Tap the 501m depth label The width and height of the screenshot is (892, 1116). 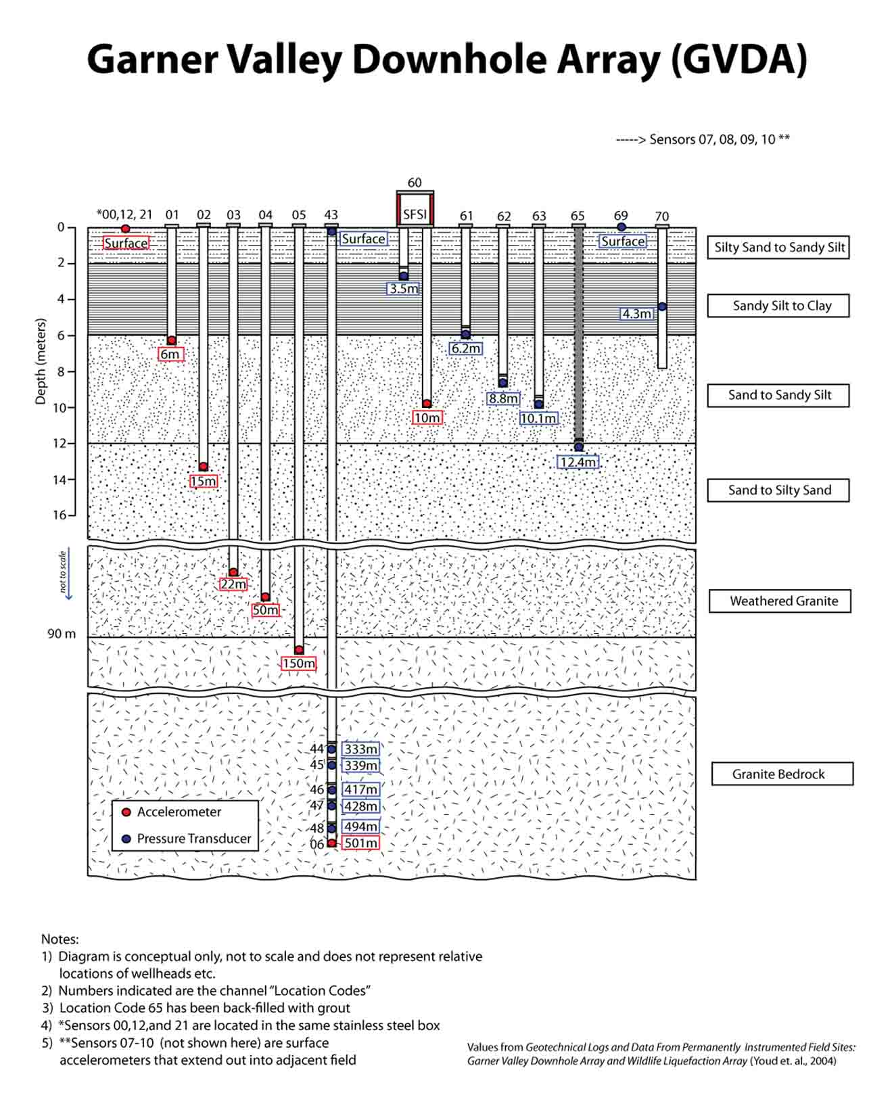(360, 843)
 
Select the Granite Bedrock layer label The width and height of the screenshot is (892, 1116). (782, 774)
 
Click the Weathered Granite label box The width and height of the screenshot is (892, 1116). (779, 601)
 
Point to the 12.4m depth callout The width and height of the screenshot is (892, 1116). (578, 462)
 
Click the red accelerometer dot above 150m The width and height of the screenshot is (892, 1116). (299, 649)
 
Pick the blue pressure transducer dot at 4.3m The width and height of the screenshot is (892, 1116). (662, 306)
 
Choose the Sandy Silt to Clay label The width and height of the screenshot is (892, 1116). (778, 306)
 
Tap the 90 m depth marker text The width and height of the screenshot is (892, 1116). (62, 634)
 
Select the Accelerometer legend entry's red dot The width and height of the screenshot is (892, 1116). (126, 812)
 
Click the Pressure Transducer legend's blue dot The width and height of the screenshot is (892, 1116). (126, 839)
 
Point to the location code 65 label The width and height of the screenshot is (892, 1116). (578, 216)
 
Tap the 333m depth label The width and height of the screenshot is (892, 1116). (360, 749)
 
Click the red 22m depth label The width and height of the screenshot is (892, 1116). (233, 584)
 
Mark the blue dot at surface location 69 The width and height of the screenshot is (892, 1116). (621, 227)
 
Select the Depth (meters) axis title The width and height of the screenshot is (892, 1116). (41, 361)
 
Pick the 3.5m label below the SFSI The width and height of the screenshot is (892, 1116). (404, 289)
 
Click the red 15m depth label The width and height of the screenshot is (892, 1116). (203, 481)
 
